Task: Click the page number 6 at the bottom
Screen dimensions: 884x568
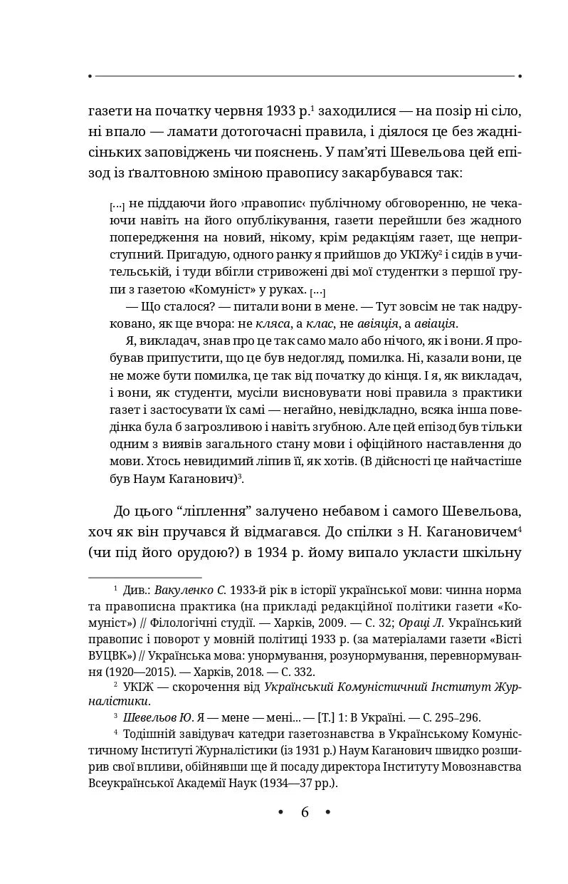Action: [305, 812]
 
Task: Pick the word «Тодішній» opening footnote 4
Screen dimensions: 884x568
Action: [148, 734]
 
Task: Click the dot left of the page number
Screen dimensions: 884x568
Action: [280, 812]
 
